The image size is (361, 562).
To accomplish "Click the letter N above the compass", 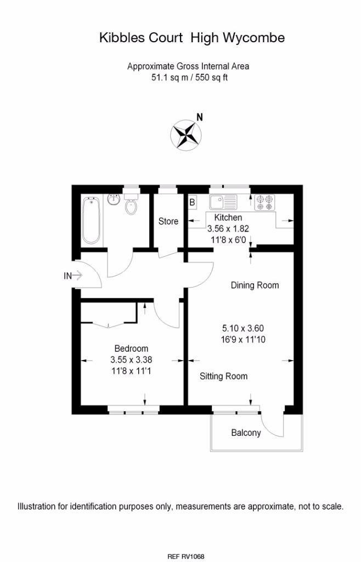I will pyautogui.click(x=200, y=117).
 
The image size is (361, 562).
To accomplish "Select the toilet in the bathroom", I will pyautogui.click(x=131, y=204).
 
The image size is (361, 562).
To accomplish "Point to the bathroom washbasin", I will pyautogui.click(x=114, y=199).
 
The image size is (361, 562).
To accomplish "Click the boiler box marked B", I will pyautogui.click(x=192, y=202).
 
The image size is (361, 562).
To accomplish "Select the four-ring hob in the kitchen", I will pyautogui.click(x=263, y=203).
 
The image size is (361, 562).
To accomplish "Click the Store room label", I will pyautogui.click(x=168, y=222).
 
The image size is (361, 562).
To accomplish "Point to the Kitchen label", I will pyautogui.click(x=228, y=218).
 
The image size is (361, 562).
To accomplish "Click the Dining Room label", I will pyautogui.click(x=255, y=285).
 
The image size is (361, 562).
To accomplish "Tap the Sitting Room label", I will pyautogui.click(x=223, y=376).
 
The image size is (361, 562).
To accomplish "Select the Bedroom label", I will pyautogui.click(x=131, y=349).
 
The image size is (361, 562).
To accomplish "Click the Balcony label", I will pyautogui.click(x=246, y=433).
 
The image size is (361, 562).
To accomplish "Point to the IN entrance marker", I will pyautogui.click(x=68, y=277).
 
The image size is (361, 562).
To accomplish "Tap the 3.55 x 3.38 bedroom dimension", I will pyautogui.click(x=131, y=360).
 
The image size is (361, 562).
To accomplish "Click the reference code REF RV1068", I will pyautogui.click(x=185, y=557).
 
